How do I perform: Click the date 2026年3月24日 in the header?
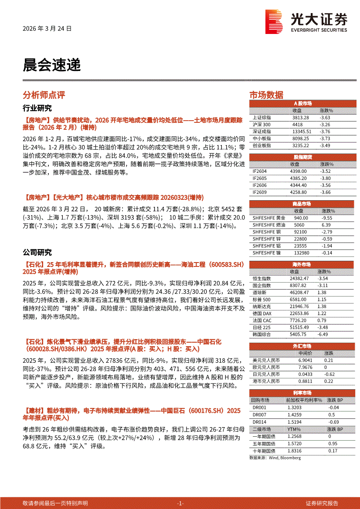coord(47,28)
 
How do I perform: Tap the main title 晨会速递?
coord(52,65)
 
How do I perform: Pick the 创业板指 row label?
coord(262,145)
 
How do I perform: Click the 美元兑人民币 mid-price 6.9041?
coord(305,361)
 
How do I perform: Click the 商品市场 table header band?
coord(302,204)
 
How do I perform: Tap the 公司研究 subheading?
coord(37,253)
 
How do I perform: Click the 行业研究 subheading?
coord(37,108)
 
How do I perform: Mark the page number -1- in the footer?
coord(180,503)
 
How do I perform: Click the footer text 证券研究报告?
coord(322,503)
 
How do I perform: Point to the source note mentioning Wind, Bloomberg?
coord(275,458)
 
